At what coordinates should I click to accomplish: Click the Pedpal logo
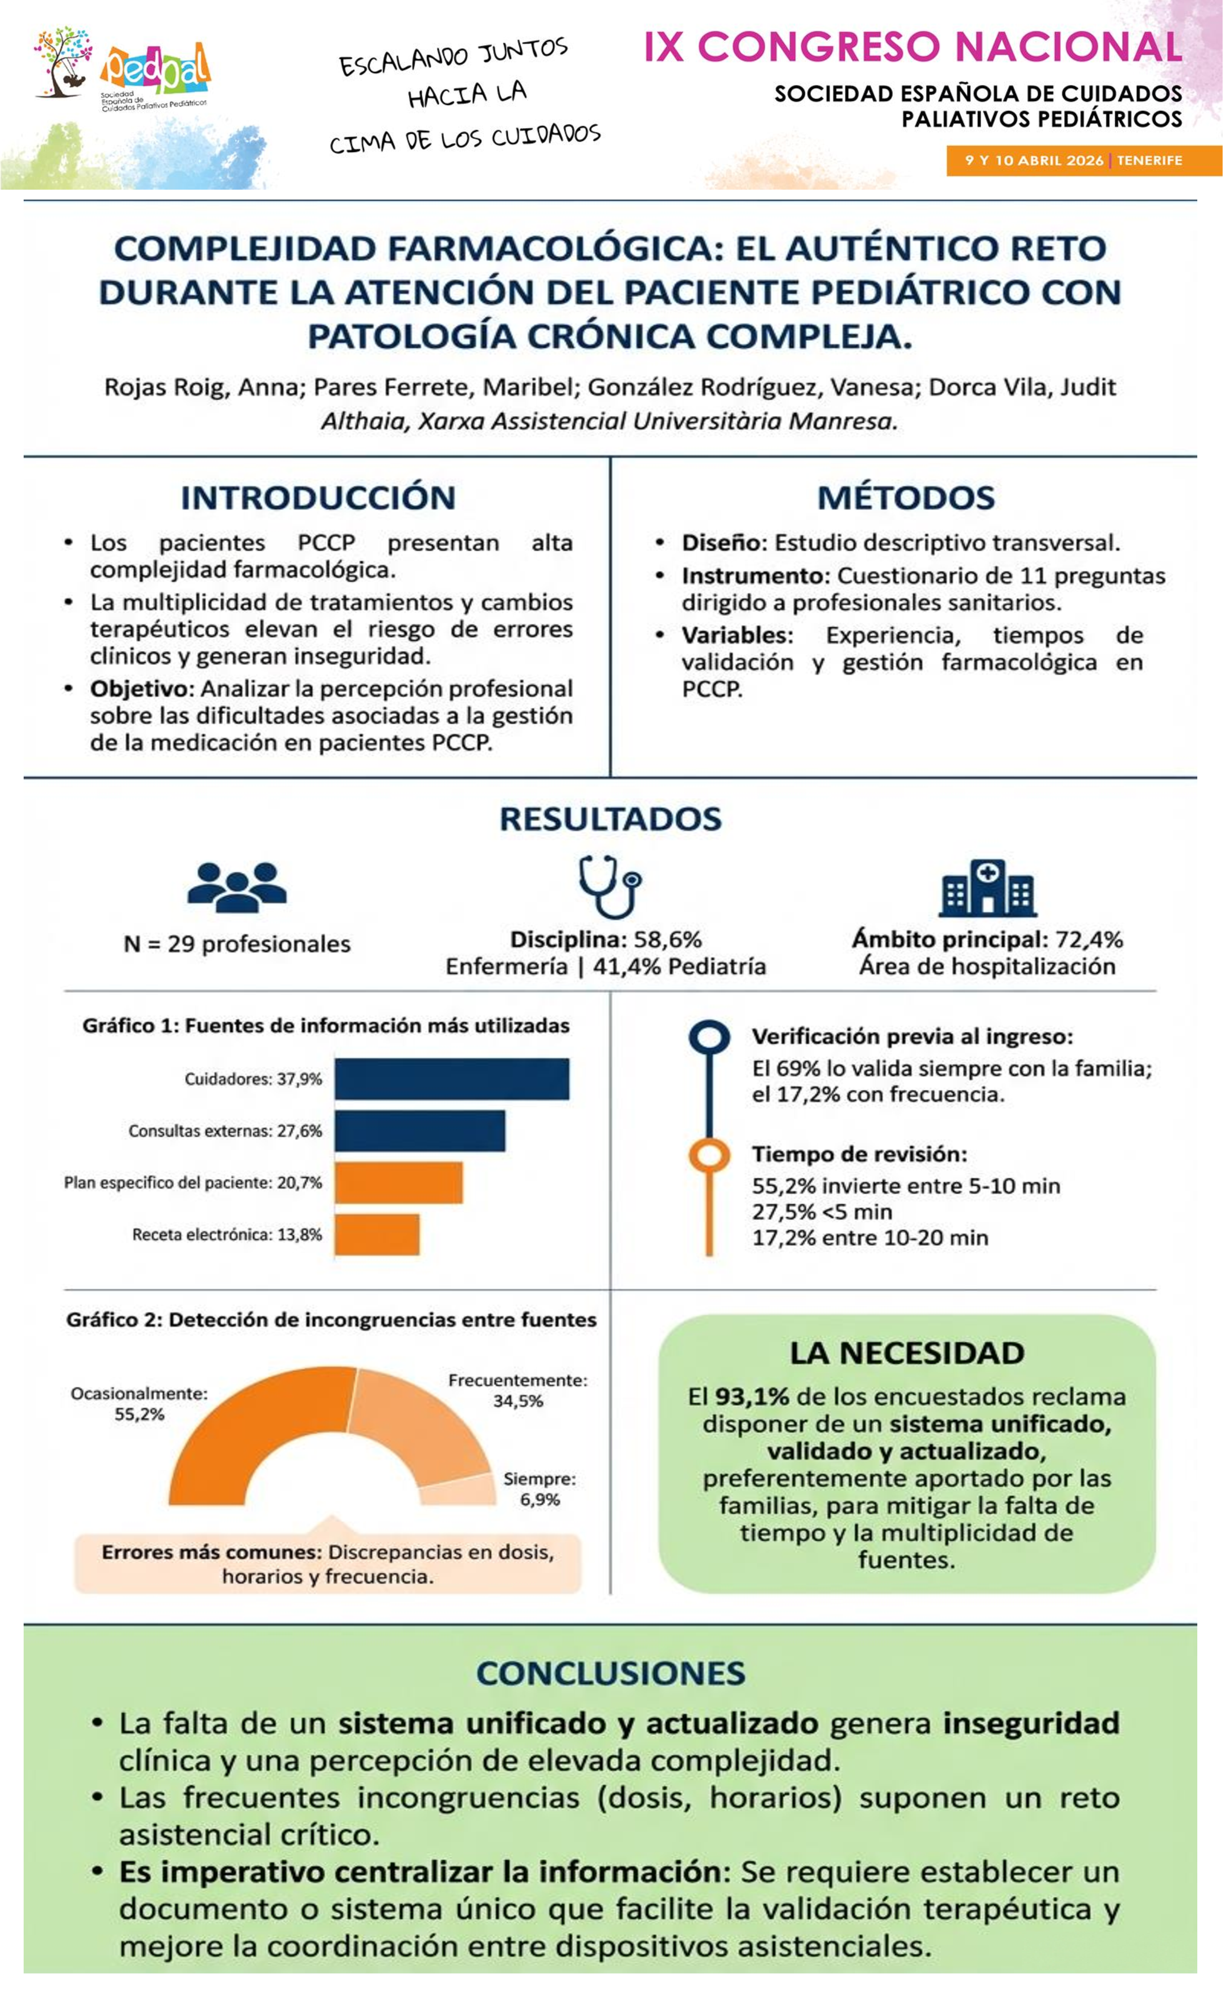(x=122, y=73)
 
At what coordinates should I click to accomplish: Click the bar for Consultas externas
(x=419, y=1131)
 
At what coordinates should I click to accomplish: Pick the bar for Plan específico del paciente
(x=398, y=1183)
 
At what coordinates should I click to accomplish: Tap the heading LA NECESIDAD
(x=906, y=1353)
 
